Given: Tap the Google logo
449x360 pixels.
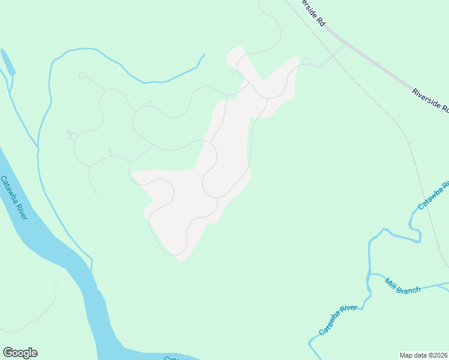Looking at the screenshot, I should (x=20, y=353).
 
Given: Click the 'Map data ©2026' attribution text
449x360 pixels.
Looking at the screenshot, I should (x=424, y=355).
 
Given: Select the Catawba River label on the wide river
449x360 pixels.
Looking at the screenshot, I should (x=13, y=197).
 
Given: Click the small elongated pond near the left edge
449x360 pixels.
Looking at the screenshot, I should (x=8, y=62).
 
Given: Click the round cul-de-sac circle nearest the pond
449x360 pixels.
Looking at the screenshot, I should (x=82, y=76).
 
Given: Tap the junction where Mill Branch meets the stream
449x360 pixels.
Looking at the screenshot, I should (x=370, y=274).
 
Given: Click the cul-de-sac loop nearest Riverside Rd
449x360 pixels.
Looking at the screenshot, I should (x=307, y=61).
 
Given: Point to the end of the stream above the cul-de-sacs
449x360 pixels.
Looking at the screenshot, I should (x=205, y=55).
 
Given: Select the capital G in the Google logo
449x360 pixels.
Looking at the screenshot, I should (x=8, y=352).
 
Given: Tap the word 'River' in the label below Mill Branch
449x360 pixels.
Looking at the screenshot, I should (x=348, y=312).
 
